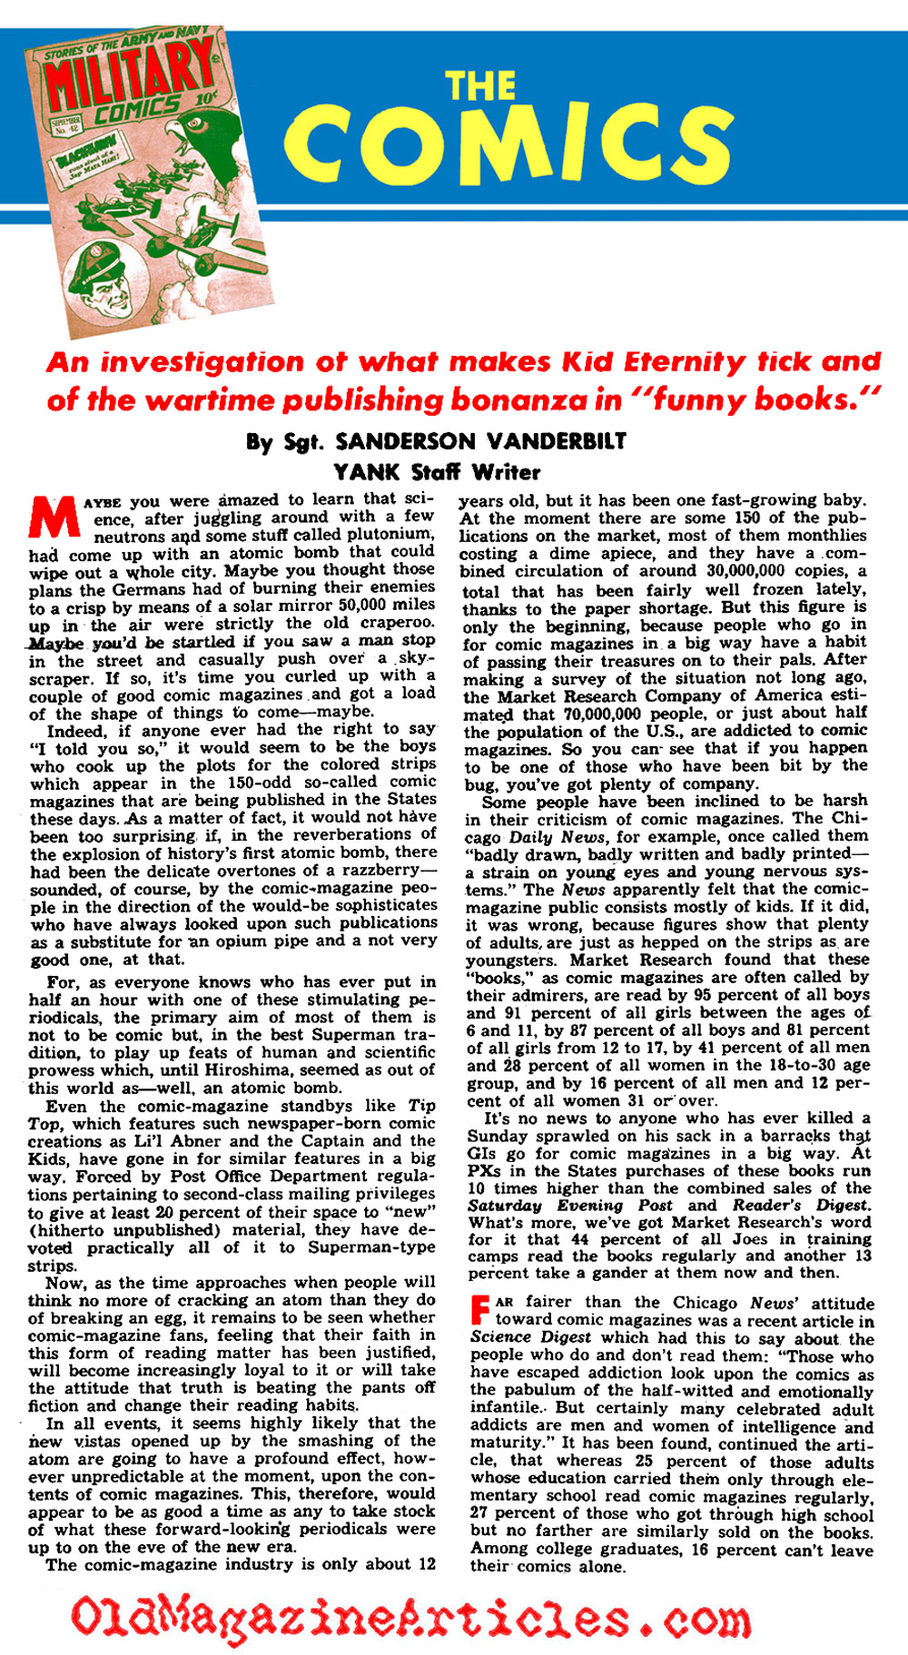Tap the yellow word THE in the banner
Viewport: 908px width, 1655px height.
[x=480, y=86]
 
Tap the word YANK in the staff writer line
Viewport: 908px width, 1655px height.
[x=366, y=471]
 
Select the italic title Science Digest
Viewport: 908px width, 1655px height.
[x=530, y=1338]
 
